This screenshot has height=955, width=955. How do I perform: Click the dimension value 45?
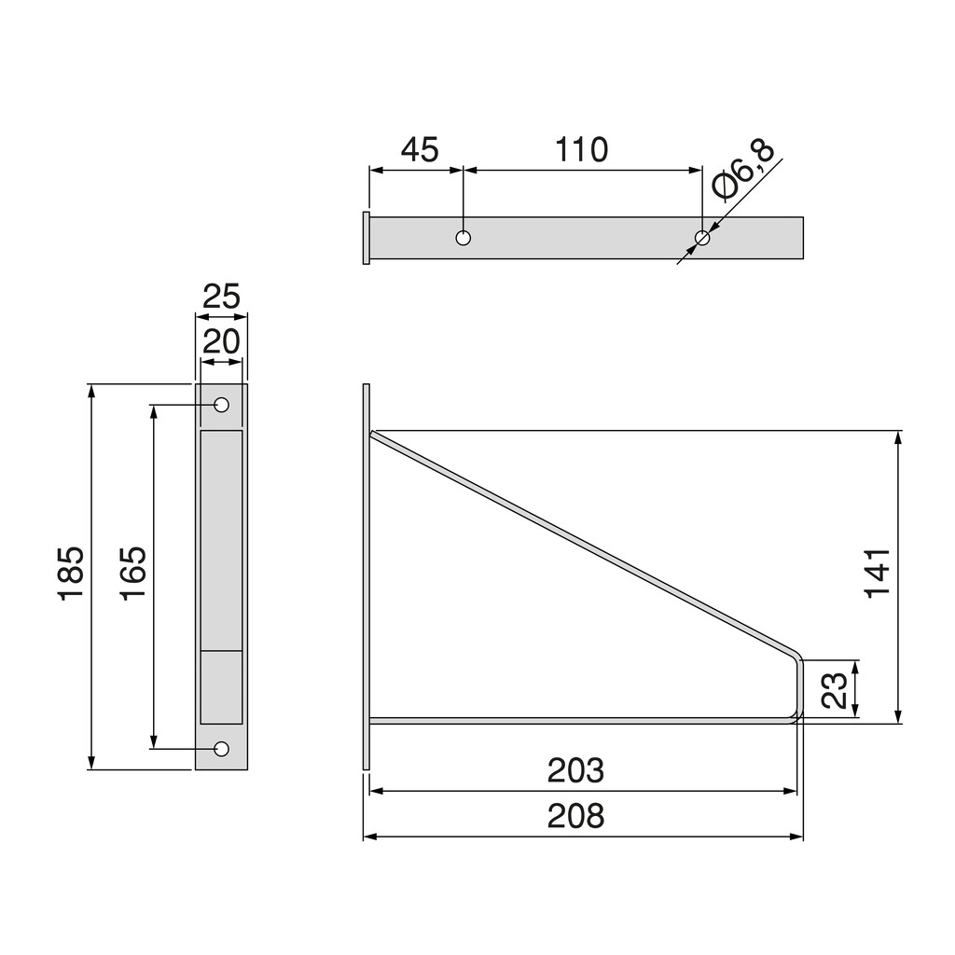pos(419,149)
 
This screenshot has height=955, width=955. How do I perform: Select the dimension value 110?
pos(582,149)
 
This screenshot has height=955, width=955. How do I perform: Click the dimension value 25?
pos(222,297)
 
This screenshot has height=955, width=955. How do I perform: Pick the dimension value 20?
pos(222,341)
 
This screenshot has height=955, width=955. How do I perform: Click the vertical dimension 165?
pos(132,573)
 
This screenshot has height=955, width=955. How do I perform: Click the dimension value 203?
pos(575,771)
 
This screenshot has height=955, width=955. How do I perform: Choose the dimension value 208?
pos(575,815)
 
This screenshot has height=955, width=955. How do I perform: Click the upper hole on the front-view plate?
pos(222,405)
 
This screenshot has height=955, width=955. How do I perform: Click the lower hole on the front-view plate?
pos(222,748)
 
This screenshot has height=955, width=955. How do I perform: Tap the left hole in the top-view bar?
pos(464,238)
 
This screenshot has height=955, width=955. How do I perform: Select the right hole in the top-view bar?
pos(702,238)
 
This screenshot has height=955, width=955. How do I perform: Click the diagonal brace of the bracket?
pos(578,541)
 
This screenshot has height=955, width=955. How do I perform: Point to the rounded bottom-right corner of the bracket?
pos(796,713)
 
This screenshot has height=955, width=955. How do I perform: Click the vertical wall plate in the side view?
pos(367,576)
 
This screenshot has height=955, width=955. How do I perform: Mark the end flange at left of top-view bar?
pos(366,238)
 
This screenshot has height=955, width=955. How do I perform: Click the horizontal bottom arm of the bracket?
pos(578,720)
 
